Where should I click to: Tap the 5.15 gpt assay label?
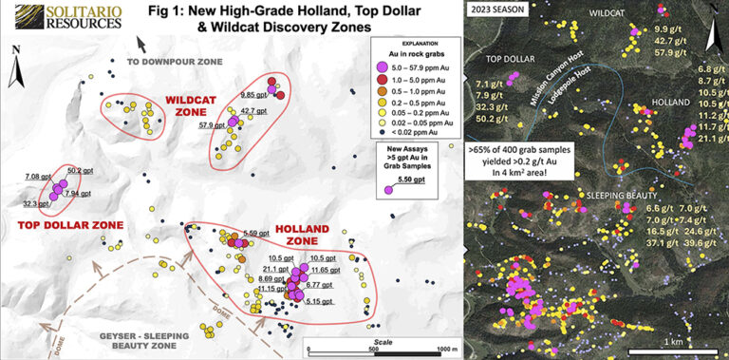click(x=319, y=301)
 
